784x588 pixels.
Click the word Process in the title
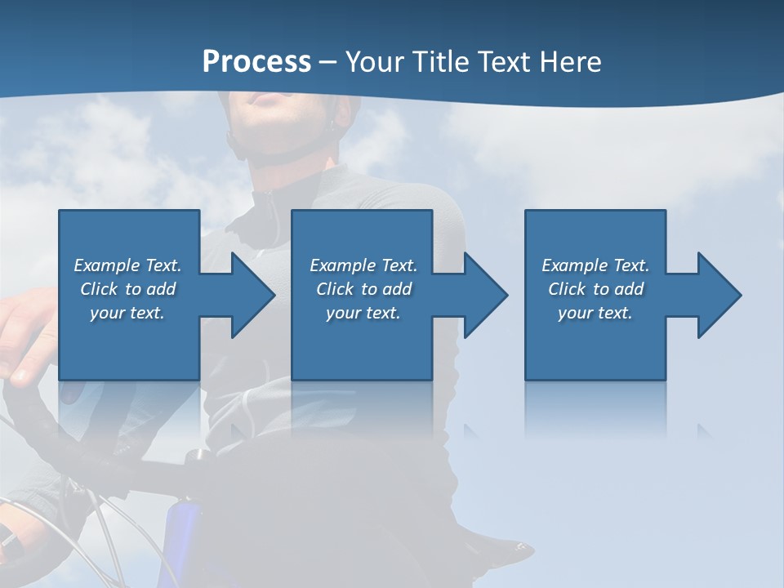pos(256,62)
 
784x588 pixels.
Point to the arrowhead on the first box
pos(249,295)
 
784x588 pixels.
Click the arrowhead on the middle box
pos(482,295)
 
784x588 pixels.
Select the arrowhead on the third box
pos(715,295)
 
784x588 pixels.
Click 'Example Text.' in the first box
pos(127,265)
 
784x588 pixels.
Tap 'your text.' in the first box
pos(127,313)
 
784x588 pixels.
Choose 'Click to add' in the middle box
pos(363,289)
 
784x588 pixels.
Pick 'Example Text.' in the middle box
pos(363,265)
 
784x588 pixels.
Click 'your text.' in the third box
pos(595,313)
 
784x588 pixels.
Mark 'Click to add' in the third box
pos(595,289)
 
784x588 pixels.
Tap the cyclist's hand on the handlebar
pos(24,335)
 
